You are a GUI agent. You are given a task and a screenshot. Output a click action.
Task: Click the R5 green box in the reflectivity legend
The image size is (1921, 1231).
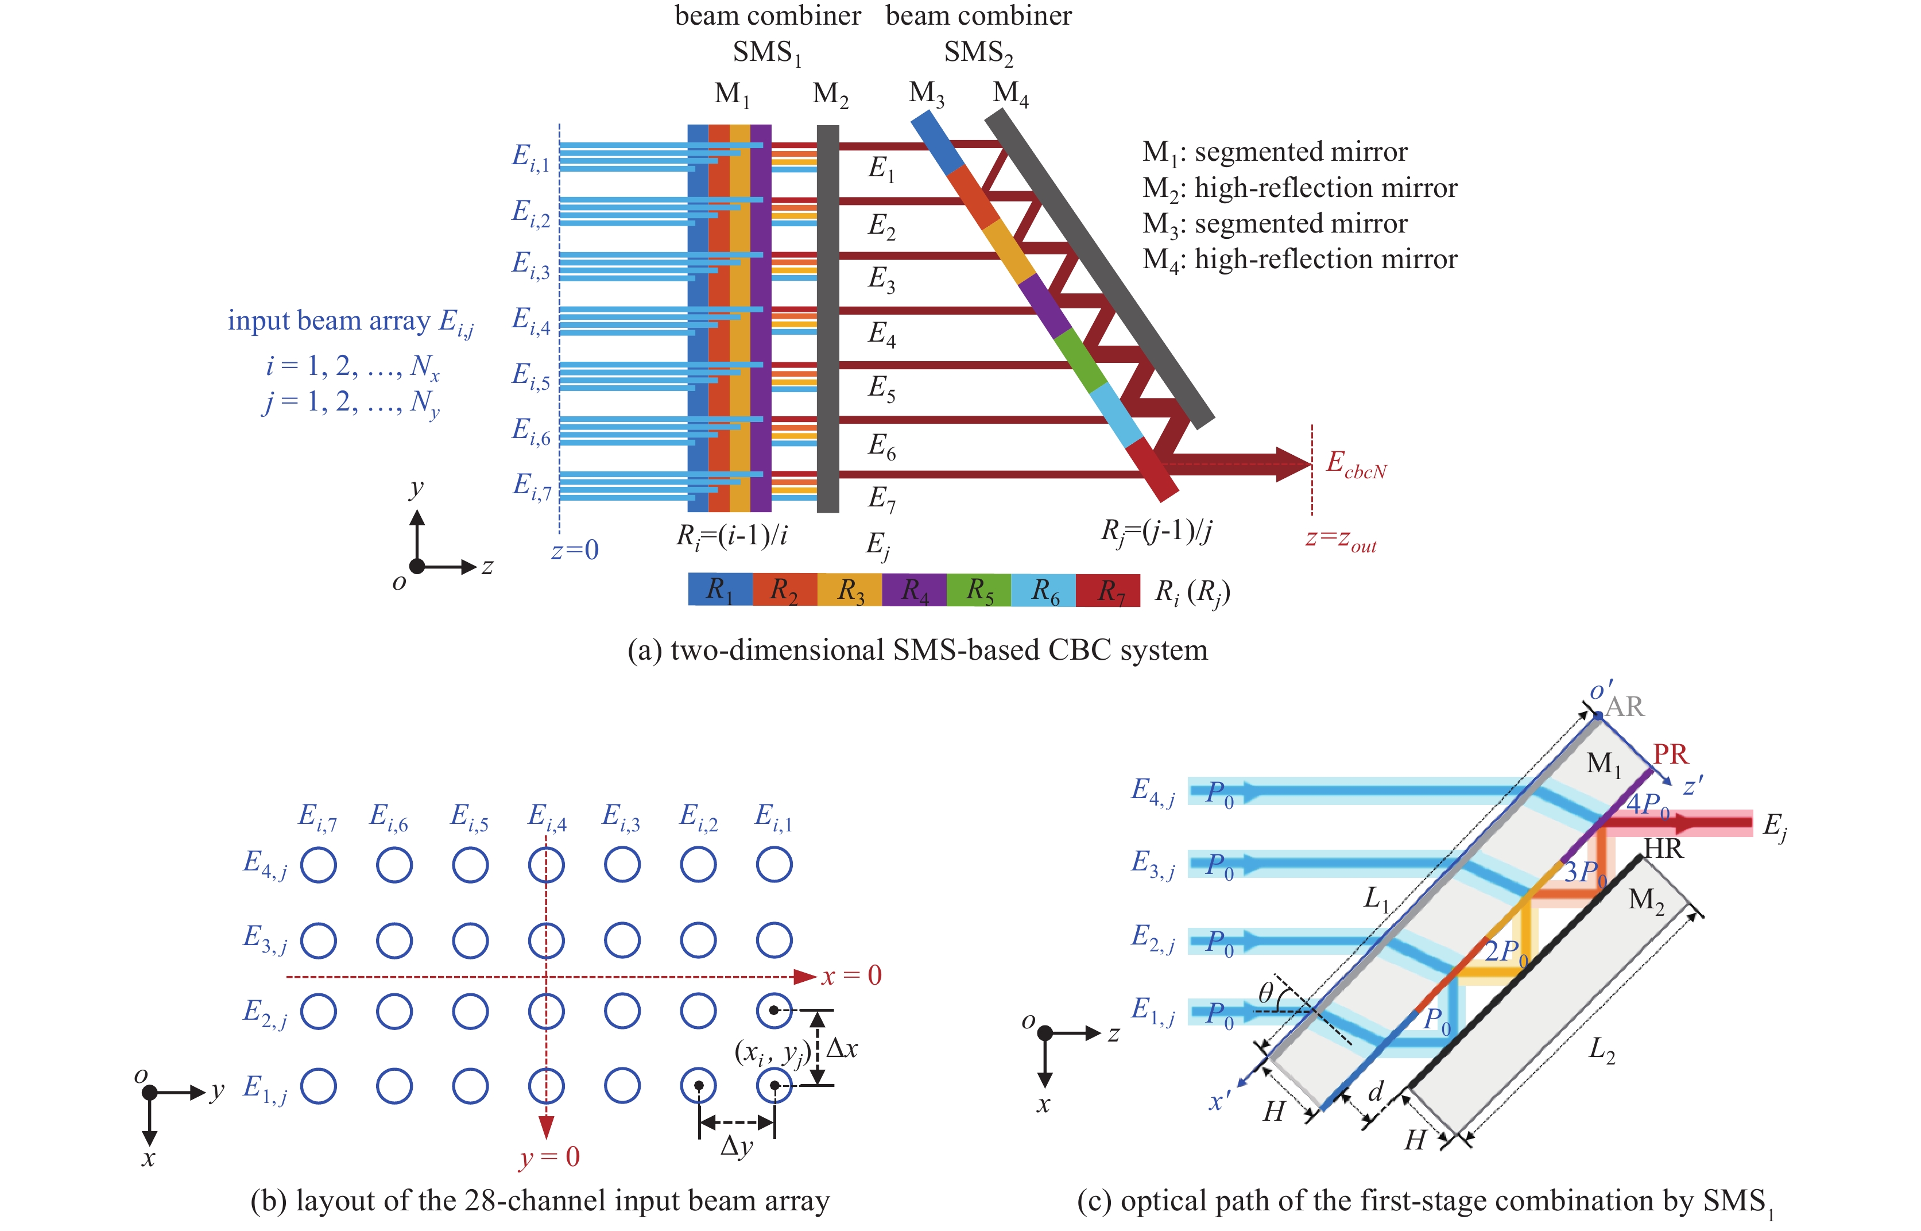point(978,590)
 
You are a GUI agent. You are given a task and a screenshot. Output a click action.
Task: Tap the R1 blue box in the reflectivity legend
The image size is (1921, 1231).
point(720,590)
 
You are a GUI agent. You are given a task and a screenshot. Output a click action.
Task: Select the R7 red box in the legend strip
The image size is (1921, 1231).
point(1107,590)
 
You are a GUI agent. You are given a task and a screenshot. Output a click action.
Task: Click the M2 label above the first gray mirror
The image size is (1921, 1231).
point(830,94)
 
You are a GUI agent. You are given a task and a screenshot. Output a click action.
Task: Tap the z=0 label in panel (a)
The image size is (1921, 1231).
point(575,550)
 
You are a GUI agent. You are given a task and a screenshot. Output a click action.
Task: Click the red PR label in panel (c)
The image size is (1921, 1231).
point(1670,754)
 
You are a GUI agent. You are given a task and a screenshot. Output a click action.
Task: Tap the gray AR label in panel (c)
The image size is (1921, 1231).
point(1625,707)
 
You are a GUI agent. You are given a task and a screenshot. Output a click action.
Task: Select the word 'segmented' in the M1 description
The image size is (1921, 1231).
point(1260,152)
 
